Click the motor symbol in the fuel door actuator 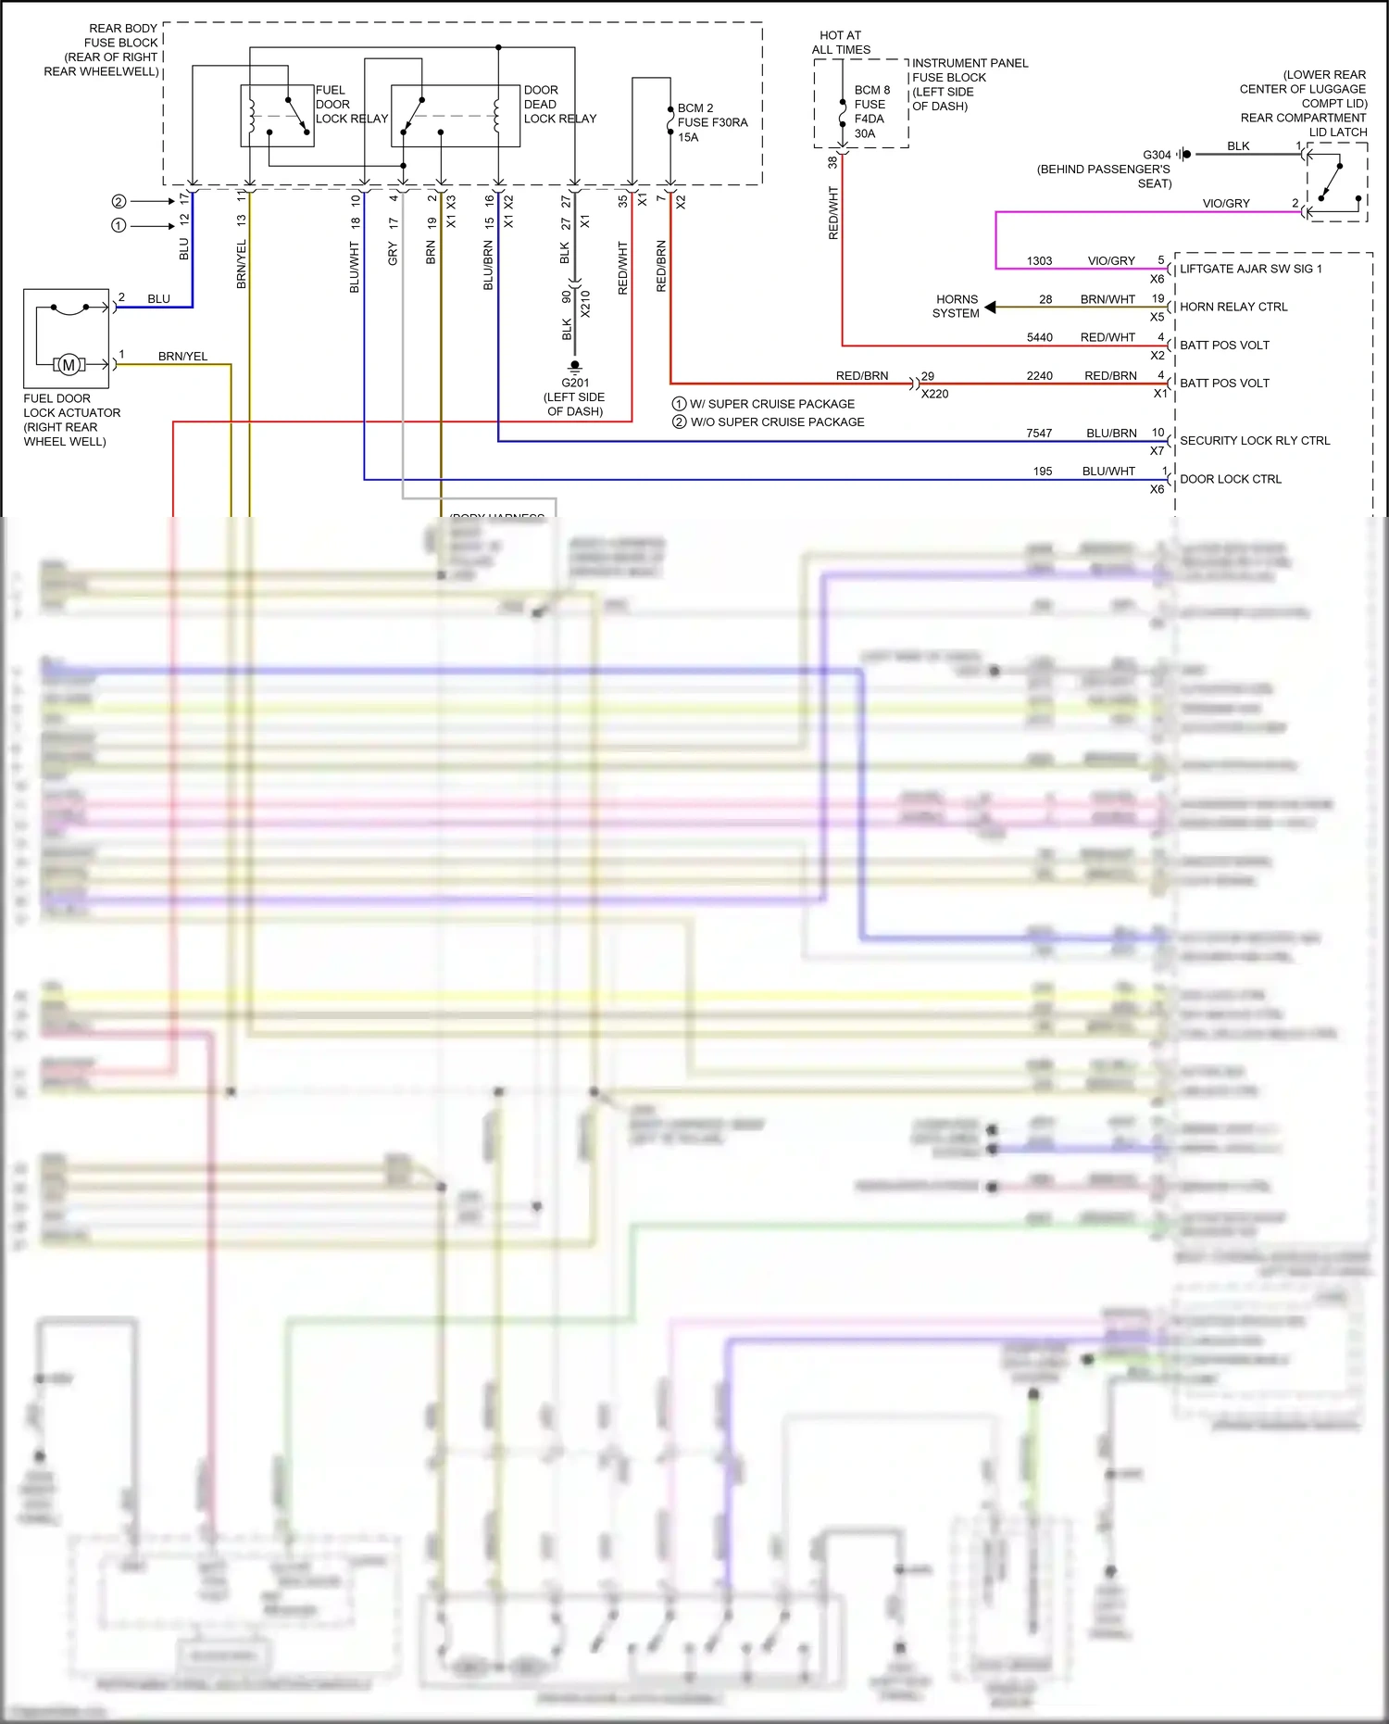(69, 365)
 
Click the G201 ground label (575, 383)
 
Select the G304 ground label (1157, 155)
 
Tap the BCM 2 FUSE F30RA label (712, 122)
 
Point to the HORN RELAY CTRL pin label (1233, 307)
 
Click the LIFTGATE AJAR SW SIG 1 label (1250, 269)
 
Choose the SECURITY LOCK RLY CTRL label (1254, 441)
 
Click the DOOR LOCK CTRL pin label (1231, 479)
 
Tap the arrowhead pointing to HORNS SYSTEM (990, 307)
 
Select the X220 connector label (934, 394)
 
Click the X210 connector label (585, 304)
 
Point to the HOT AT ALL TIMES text (841, 43)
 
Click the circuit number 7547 (1039, 433)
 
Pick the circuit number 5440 (1039, 337)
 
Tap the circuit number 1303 (1039, 261)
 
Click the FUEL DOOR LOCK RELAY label (351, 105)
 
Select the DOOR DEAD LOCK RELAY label (559, 105)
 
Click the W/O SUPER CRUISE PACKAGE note (777, 422)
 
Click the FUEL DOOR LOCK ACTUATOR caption (71, 420)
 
